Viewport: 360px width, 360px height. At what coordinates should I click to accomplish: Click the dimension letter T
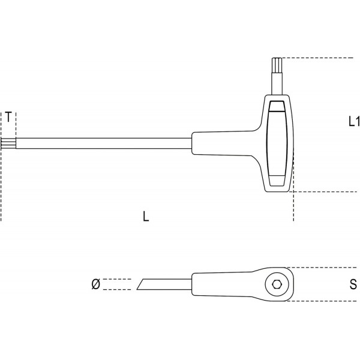click(x=8, y=116)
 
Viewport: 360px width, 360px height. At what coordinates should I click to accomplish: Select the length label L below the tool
click(x=147, y=217)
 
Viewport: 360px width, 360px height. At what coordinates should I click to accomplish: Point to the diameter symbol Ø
click(x=95, y=284)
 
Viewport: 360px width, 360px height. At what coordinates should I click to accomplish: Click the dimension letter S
click(x=353, y=284)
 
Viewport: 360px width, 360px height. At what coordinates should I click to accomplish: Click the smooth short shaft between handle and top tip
click(x=277, y=84)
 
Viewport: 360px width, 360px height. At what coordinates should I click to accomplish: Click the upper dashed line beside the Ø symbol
click(x=117, y=279)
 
